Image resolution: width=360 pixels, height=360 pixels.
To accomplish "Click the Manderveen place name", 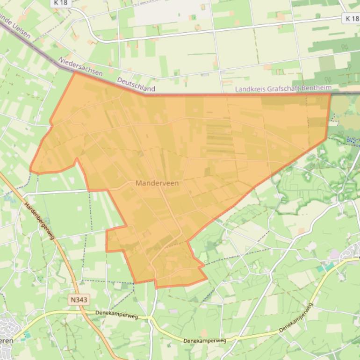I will [157, 183].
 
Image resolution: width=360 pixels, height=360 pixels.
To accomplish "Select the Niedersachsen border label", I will [80, 67].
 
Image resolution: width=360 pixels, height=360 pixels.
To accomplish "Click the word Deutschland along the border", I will [136, 84].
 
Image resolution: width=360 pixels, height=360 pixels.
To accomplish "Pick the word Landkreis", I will [250, 88].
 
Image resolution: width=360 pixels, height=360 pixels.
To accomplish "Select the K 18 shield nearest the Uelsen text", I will [60, 3].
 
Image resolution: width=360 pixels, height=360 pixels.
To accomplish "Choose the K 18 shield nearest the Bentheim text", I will [352, 18].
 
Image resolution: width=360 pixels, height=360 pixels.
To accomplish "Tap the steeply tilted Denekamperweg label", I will [295, 318].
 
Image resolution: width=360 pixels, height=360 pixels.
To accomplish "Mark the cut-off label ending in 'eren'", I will [6, 340].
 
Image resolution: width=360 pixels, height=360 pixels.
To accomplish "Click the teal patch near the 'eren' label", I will [26, 336].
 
